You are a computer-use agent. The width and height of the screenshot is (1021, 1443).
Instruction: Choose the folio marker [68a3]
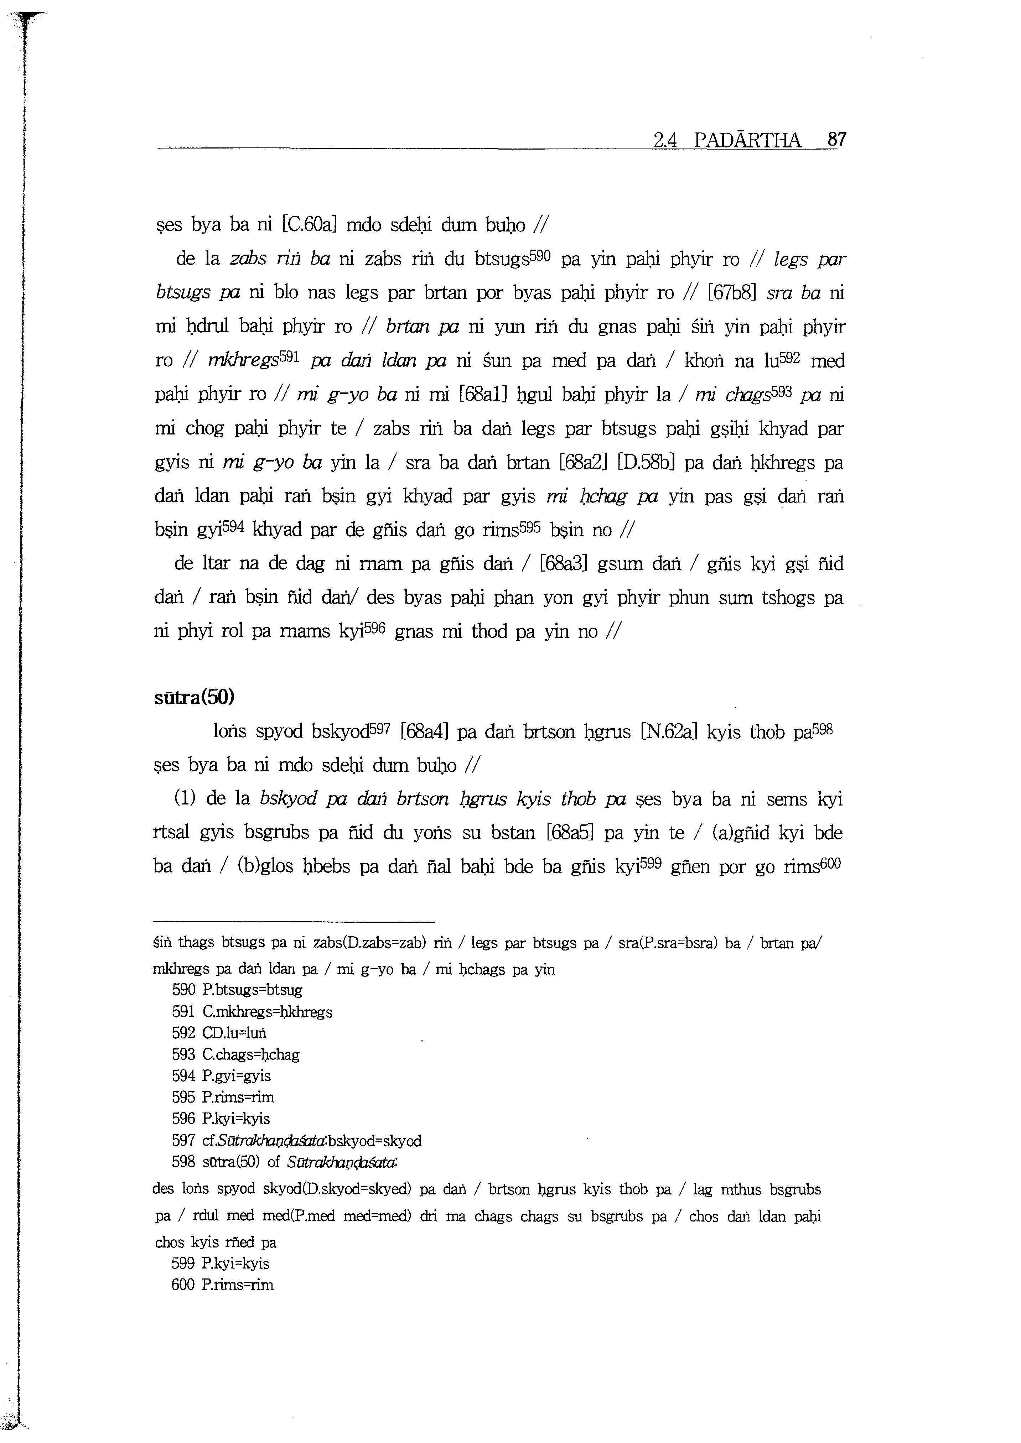[x=563, y=563]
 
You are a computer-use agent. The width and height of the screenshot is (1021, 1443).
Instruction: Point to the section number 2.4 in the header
[x=664, y=140]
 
